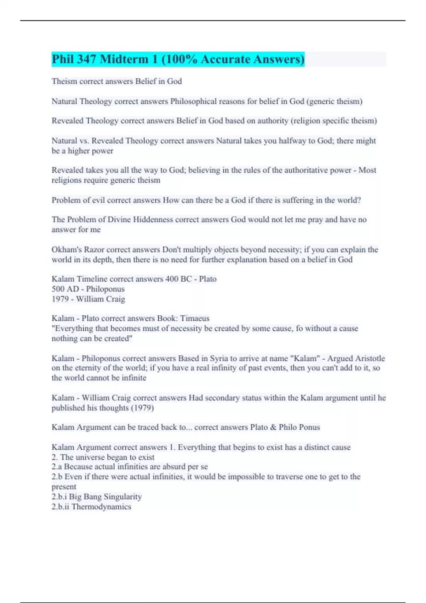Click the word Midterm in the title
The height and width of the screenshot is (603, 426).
[x=129, y=59]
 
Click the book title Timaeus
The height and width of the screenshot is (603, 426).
[x=195, y=319]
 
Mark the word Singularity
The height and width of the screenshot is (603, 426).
[x=123, y=497]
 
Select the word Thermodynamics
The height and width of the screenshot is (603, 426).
[x=102, y=507]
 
